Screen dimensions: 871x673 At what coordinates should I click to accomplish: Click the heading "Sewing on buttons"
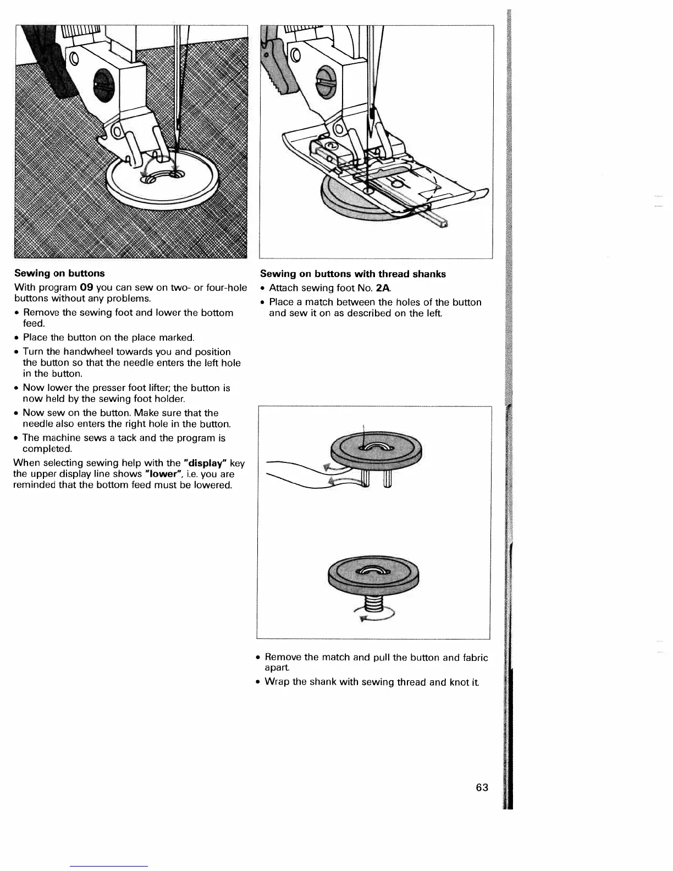click(x=59, y=273)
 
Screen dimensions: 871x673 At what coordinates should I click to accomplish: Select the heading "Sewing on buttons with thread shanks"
click(x=352, y=274)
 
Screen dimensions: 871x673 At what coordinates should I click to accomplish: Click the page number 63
click(x=482, y=787)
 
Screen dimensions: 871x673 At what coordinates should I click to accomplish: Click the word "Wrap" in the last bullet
click(x=278, y=682)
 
